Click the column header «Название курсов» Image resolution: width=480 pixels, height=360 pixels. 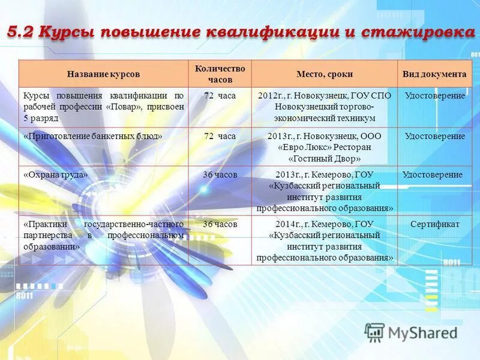103,74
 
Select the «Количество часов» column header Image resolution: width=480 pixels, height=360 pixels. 220,74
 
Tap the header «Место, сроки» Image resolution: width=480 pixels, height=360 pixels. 324,74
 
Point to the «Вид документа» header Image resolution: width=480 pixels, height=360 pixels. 434,74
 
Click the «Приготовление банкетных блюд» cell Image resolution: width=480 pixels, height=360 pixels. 93,136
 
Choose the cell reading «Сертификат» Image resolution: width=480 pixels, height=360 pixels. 434,224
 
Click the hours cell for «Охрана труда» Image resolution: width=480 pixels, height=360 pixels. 220,175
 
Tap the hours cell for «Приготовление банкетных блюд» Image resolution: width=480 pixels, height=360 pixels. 220,136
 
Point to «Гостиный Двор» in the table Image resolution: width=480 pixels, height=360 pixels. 325,159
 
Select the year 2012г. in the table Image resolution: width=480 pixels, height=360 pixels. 271,96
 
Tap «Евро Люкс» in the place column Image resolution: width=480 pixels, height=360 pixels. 304,148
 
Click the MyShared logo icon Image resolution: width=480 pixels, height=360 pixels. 374,332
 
